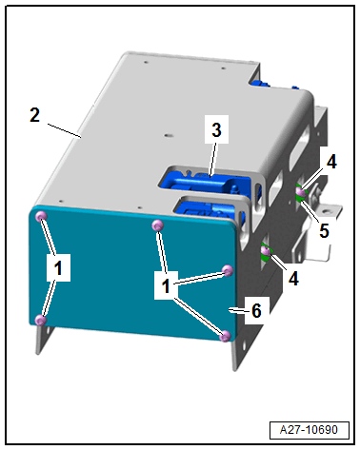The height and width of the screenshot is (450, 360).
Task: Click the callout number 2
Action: (x=35, y=115)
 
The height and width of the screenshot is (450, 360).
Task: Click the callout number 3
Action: (x=216, y=130)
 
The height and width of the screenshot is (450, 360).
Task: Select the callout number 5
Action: (x=324, y=230)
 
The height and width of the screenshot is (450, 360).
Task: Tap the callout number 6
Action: (x=256, y=310)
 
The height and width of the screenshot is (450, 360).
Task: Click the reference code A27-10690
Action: (x=309, y=430)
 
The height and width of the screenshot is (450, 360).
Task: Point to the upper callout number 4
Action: (x=331, y=162)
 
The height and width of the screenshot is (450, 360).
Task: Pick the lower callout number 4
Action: (x=293, y=279)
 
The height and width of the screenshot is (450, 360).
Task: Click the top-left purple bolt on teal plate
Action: (x=41, y=217)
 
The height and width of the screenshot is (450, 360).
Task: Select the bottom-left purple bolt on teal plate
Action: (x=41, y=320)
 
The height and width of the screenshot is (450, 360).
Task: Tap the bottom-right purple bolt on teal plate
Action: (x=225, y=336)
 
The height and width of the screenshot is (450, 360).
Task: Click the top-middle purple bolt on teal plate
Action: (x=158, y=225)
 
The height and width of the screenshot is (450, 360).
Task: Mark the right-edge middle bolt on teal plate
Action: (x=228, y=270)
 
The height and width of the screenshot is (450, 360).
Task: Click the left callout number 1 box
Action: (x=58, y=268)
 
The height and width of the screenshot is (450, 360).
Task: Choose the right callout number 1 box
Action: (x=166, y=285)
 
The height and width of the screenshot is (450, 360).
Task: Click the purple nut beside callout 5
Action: (x=301, y=192)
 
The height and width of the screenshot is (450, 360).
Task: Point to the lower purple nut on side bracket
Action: (x=266, y=251)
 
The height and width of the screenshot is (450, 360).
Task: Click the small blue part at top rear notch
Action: (x=260, y=84)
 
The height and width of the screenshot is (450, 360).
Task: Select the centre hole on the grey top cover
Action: (x=168, y=135)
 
